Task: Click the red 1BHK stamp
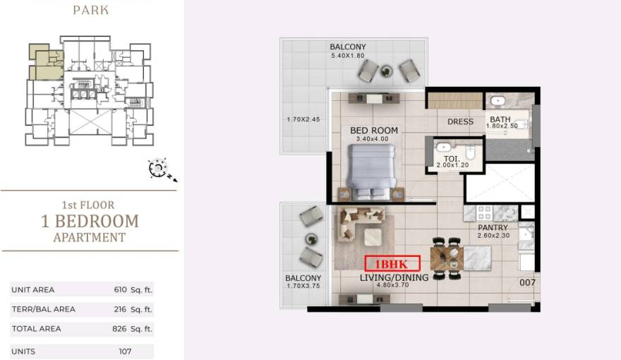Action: tap(392, 264)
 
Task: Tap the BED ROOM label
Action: tap(374, 131)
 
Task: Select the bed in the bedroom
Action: tap(371, 171)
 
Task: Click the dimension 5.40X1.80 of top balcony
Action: tap(348, 56)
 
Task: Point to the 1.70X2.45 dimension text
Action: tap(303, 119)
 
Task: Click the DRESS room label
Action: tap(460, 121)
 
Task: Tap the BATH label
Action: tap(500, 119)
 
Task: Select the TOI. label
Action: tap(452, 159)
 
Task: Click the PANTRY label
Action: tap(493, 228)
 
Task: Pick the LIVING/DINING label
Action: tap(394, 277)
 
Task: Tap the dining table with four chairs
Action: tap(447, 258)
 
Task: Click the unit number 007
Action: tap(527, 282)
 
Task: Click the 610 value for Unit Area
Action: tap(120, 289)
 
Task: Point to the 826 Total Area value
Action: tap(119, 329)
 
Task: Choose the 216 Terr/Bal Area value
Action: tap(119, 309)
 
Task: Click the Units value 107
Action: tap(125, 352)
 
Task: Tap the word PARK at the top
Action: tap(91, 10)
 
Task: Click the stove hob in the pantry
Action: tap(484, 213)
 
